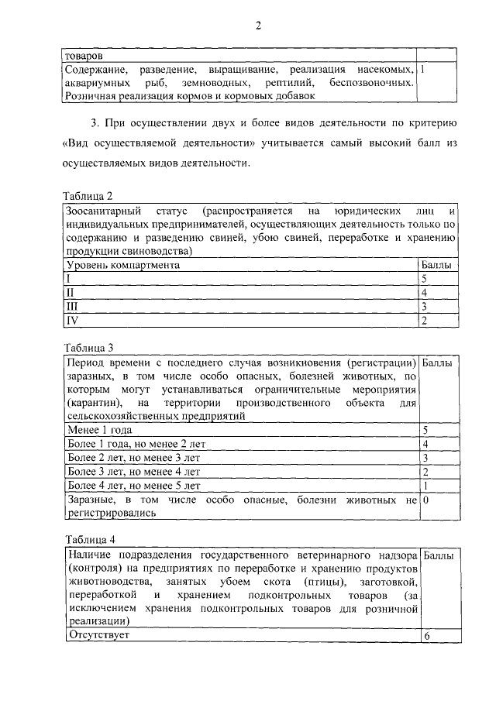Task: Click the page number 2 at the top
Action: (x=259, y=26)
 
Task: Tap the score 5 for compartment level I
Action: (x=425, y=279)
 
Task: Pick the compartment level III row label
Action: (x=71, y=307)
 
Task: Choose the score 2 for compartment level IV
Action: (x=425, y=321)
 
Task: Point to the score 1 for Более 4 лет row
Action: (x=425, y=486)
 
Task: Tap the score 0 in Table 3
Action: (x=425, y=500)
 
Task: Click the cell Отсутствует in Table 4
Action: (x=98, y=635)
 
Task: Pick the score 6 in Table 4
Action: (x=425, y=636)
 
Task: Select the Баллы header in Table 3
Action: (x=439, y=363)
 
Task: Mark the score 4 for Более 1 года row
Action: (x=425, y=444)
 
